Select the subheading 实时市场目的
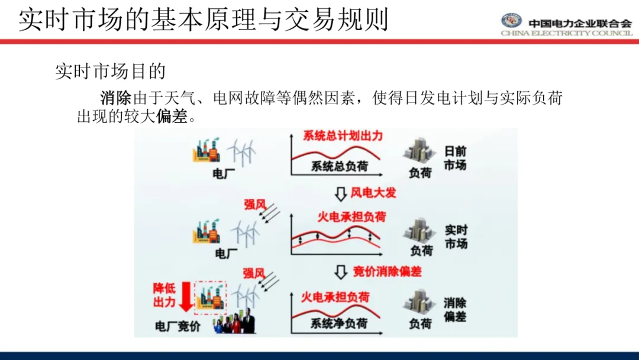click(x=110, y=72)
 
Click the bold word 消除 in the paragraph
click(x=115, y=98)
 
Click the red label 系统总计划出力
click(x=343, y=136)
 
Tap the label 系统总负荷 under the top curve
click(x=339, y=166)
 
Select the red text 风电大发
click(x=373, y=192)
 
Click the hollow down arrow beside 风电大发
click(x=340, y=193)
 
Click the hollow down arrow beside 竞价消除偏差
click(x=340, y=272)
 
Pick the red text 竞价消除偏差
click(x=388, y=272)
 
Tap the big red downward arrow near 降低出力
click(x=186, y=297)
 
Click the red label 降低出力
click(x=164, y=295)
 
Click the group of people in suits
click(x=234, y=323)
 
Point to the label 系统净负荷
click(x=339, y=323)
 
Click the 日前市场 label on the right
click(x=455, y=158)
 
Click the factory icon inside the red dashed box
click(x=210, y=296)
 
